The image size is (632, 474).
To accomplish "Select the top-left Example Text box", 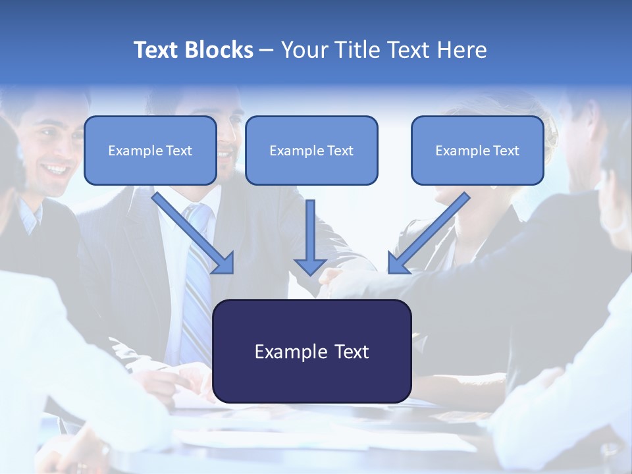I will pos(150,151).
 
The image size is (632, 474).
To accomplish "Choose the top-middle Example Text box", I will pos(311,151).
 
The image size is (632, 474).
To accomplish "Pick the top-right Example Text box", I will pos(477,151).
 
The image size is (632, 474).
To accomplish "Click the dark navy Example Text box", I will pos(311,351).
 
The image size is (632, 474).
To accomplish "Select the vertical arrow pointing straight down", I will pos(310,234).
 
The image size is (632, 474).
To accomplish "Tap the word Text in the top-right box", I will pos(506,151).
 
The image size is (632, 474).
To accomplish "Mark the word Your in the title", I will pos(303,50).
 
